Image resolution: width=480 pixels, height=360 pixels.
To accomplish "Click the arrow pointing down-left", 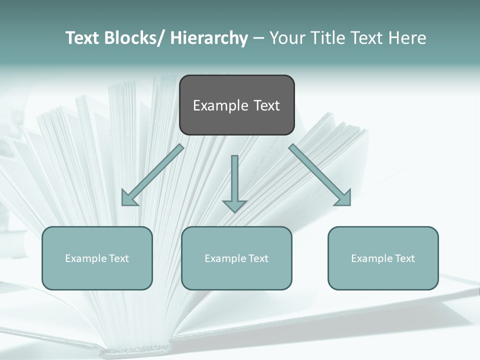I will pyautogui.click(x=153, y=175).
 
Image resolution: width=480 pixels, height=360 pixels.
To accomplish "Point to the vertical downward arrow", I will pyautogui.click(x=234, y=180).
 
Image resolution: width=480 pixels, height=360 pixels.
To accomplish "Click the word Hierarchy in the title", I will pyautogui.click(x=209, y=38).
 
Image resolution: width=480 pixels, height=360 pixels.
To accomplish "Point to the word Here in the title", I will pyautogui.click(x=407, y=38).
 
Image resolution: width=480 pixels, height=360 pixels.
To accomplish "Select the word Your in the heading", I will pyautogui.click(x=287, y=38).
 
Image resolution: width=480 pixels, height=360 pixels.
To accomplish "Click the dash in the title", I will pyautogui.click(x=258, y=38).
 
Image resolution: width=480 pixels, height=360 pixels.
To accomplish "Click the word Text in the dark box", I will pyautogui.click(x=266, y=105).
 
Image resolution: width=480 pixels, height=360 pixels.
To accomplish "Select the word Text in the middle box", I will pyautogui.click(x=258, y=258).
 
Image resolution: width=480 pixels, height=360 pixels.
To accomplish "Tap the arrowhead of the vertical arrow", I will pyautogui.click(x=234, y=205).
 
